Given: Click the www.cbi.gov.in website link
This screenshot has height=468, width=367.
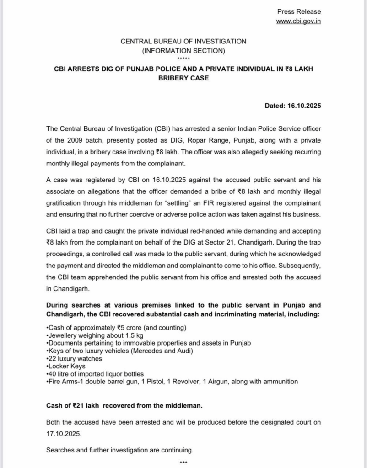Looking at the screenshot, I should coord(298,21).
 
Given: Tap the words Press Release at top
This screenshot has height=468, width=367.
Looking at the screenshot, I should coord(299,11).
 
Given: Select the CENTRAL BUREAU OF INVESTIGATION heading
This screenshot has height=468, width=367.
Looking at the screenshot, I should coord(183,41).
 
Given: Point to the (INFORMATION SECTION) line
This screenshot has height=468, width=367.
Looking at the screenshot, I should coord(183,50).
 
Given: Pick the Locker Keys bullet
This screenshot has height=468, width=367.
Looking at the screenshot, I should coord(65,367).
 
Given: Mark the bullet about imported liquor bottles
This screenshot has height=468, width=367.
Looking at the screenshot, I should coord(95,374).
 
